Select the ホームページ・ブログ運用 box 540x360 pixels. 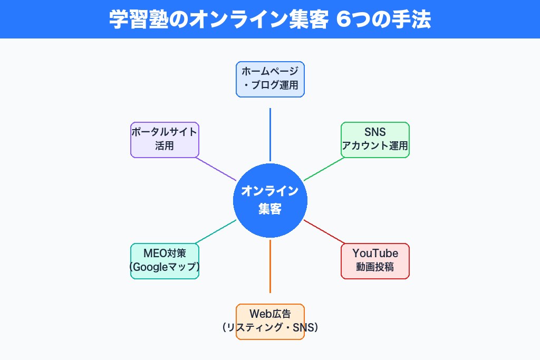[270, 79]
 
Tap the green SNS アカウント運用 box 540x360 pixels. [375, 140]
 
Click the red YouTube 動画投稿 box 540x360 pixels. [375, 261]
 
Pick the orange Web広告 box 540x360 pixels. [270, 322]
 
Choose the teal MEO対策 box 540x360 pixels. [165, 261]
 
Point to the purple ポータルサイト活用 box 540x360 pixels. [165, 140]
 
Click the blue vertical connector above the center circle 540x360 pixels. [270, 134]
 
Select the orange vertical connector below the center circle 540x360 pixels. [270, 266]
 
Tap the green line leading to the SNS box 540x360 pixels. [324, 169]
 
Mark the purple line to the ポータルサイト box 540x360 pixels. [216, 169]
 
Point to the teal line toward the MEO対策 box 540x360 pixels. [216, 231]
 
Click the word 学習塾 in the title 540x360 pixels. [132, 20]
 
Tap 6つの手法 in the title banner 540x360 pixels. [383, 20]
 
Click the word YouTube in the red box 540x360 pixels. [375, 254]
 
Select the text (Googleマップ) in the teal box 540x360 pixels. [165, 268]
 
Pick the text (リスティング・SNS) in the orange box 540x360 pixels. [270, 328]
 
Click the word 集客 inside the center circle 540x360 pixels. [270, 209]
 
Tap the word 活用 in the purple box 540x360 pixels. [165, 146]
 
